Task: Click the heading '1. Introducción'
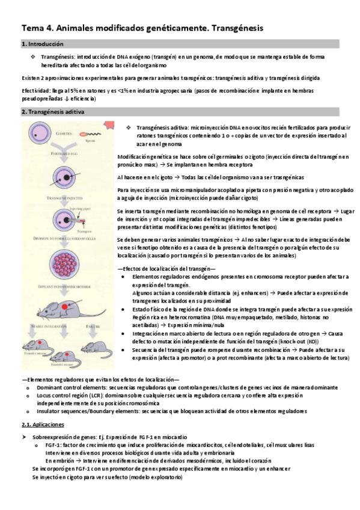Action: pos(42,44)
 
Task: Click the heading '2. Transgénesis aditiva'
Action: pos(53,112)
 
